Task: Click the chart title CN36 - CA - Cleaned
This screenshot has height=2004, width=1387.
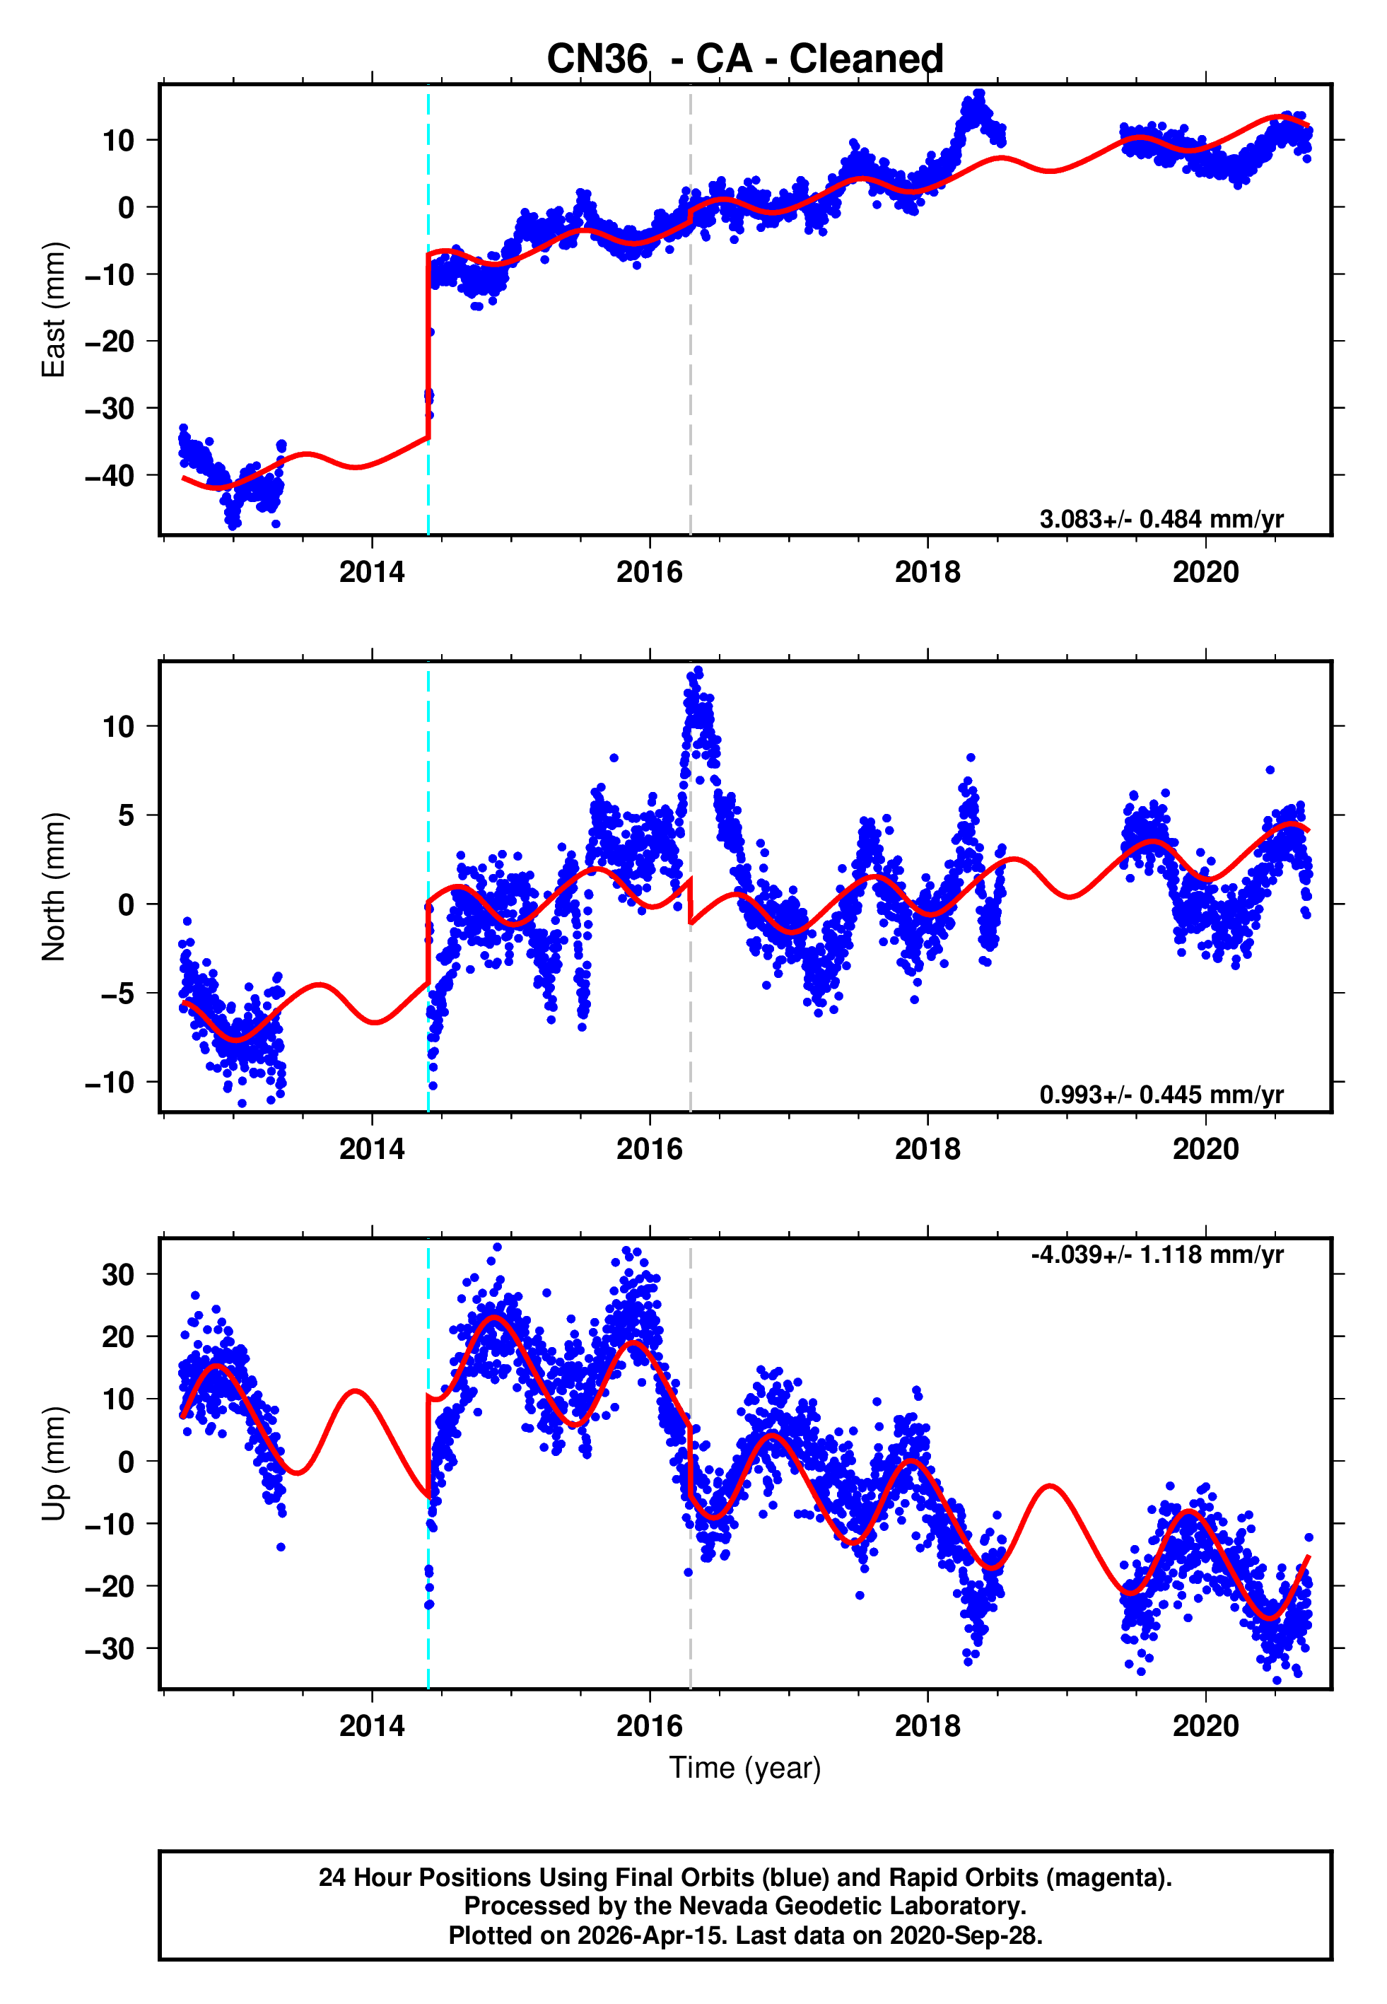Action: [x=745, y=59]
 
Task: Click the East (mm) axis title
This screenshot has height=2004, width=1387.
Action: [x=54, y=310]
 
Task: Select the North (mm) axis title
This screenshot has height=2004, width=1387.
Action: [x=54, y=887]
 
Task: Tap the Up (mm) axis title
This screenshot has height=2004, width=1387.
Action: [x=54, y=1464]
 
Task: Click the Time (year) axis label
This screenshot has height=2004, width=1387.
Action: [x=745, y=1768]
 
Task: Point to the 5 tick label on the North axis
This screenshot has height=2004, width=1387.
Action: [x=127, y=815]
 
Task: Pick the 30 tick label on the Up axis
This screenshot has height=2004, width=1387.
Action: [x=118, y=1275]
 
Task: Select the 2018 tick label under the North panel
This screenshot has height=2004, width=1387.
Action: [x=927, y=1149]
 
